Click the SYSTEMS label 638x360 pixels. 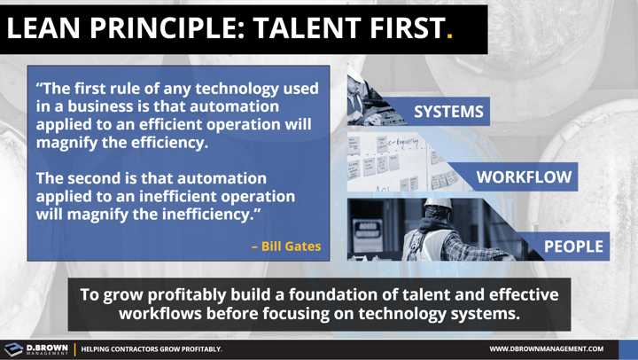click(x=448, y=112)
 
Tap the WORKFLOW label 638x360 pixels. click(x=525, y=177)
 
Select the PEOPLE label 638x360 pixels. click(x=572, y=247)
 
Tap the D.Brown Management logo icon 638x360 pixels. click(x=15, y=348)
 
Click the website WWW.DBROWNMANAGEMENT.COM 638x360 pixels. click(x=546, y=349)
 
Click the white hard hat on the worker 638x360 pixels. click(x=438, y=209)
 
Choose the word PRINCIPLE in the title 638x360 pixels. click(x=169, y=28)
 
